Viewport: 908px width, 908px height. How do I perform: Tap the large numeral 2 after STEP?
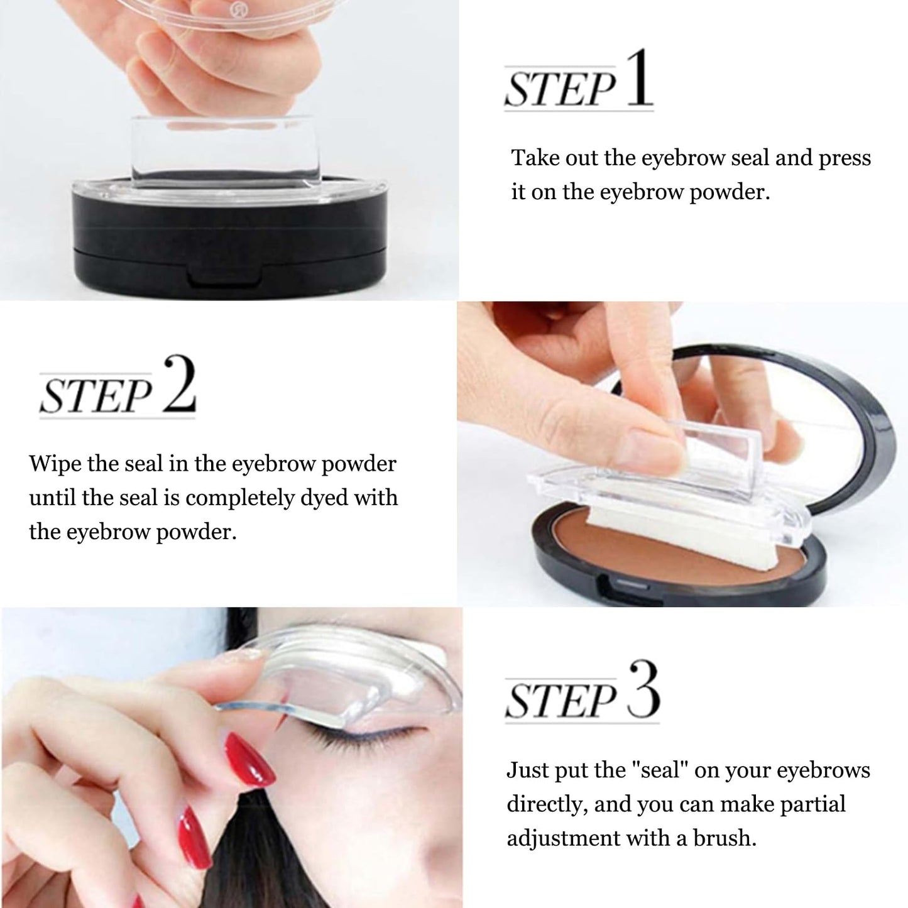coord(180,385)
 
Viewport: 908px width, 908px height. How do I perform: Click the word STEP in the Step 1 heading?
coord(561,88)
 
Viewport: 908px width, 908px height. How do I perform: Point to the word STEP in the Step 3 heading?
coord(561,701)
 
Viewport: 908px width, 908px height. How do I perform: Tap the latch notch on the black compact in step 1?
coord(225,278)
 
